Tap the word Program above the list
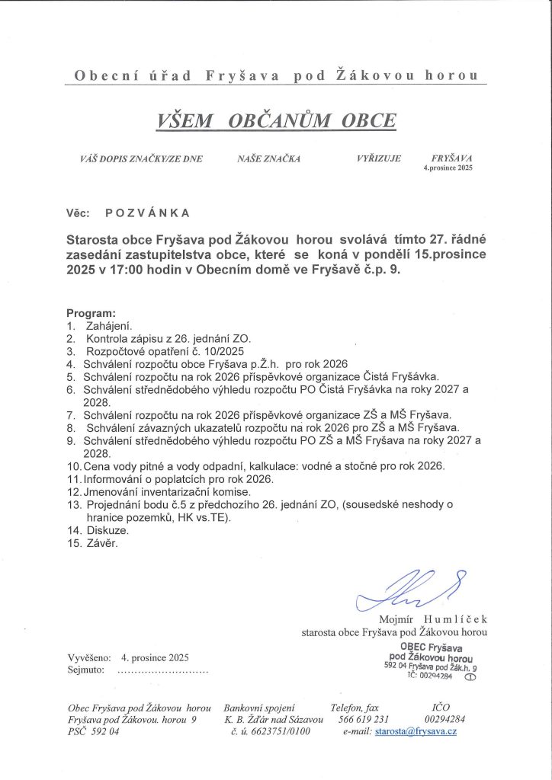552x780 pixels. point(91,313)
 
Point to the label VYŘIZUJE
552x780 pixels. point(378,159)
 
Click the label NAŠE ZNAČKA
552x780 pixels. point(269,159)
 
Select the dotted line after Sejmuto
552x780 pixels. point(161,670)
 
